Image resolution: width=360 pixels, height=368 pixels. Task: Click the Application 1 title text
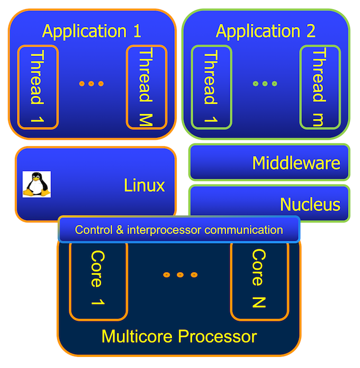click(92, 31)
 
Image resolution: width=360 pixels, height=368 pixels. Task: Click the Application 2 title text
click(265, 31)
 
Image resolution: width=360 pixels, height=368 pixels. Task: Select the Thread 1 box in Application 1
click(38, 87)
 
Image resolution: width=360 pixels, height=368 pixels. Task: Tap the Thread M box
click(147, 87)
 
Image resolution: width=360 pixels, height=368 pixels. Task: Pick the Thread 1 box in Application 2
click(211, 87)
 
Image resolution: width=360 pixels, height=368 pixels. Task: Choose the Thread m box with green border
click(320, 87)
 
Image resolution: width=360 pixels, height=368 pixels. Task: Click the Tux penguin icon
click(37, 184)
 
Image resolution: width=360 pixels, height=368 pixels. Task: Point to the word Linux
click(145, 185)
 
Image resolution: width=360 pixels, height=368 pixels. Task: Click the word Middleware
click(296, 163)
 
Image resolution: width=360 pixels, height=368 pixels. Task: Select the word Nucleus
click(310, 204)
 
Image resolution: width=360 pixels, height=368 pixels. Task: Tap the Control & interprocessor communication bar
click(179, 229)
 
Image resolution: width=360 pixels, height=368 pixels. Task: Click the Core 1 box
click(98, 281)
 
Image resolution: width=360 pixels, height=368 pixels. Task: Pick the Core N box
click(259, 281)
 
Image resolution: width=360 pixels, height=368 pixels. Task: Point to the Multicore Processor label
click(179, 337)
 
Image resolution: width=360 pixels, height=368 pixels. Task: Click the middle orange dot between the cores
click(180, 275)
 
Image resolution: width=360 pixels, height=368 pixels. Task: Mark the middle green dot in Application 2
click(265, 84)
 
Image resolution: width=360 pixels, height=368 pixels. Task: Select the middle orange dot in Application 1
click(91, 84)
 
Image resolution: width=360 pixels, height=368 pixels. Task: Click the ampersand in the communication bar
click(120, 230)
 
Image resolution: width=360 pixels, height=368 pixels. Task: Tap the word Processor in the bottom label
click(218, 337)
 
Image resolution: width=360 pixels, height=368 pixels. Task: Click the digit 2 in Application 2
click(311, 31)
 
